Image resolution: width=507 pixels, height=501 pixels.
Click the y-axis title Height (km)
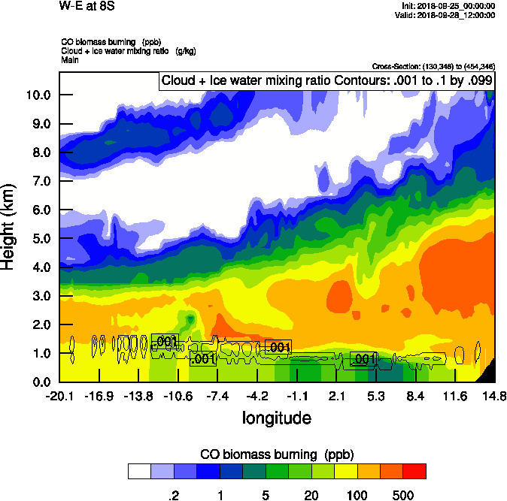[x=10, y=226]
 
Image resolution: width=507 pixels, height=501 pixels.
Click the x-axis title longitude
[x=277, y=416]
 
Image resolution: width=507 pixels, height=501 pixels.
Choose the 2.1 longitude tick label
[x=337, y=396]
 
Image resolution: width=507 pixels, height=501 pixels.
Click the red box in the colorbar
[x=414, y=471]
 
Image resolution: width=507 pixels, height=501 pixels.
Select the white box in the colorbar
[x=139, y=471]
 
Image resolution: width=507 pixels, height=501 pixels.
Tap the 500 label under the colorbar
[x=403, y=496]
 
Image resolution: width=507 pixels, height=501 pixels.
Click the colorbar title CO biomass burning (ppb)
[x=277, y=454]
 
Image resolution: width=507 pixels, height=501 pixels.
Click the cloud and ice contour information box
[x=327, y=81]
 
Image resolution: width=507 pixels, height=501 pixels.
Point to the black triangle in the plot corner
[x=488, y=373]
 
